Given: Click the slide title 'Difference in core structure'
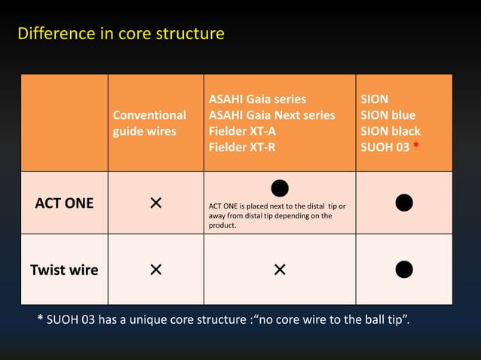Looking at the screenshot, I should click(121, 35).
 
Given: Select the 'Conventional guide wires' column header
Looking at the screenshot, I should click(149, 124).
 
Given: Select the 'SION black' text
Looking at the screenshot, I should click(391, 131).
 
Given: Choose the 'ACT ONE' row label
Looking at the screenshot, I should click(64, 203).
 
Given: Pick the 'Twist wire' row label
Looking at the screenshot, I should click(64, 270).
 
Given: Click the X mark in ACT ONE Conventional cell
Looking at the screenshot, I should click(155, 203).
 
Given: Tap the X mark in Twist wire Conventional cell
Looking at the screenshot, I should click(155, 270).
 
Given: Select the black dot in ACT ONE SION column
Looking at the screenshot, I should click(404, 203).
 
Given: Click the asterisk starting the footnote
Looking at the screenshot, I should click(40, 324).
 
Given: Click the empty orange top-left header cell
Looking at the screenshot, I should click(64, 124).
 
